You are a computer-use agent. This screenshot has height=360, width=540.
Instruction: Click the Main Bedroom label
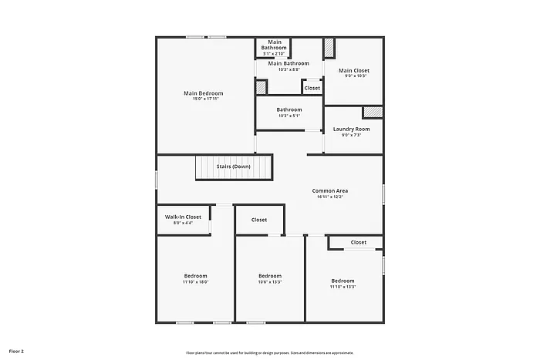point(203,93)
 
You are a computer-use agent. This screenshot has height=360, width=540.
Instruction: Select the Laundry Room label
point(351,129)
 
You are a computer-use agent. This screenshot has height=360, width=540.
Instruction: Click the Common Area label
point(329,190)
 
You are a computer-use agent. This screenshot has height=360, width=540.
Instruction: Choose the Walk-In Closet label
point(183,217)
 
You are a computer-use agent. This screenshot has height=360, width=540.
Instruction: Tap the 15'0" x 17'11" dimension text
point(203,99)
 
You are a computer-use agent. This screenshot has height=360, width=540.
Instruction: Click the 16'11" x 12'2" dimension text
point(329,197)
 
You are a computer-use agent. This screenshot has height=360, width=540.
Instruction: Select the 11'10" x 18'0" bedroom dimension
point(195,282)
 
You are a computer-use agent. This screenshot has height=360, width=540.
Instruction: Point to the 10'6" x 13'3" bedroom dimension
point(270,282)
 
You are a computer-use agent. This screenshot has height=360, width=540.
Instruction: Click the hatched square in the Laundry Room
point(373,112)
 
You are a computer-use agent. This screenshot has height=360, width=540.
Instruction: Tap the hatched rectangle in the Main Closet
point(329,47)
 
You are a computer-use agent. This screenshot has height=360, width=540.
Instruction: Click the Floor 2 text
point(16,351)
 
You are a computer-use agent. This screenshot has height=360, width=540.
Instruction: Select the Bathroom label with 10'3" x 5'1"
point(289,109)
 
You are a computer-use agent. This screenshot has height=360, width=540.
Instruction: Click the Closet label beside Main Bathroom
point(312,88)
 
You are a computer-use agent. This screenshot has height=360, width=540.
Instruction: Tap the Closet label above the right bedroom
point(359,242)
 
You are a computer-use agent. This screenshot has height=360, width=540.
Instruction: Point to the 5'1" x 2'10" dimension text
point(274,54)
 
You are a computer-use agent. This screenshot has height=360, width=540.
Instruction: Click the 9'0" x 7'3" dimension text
point(351,135)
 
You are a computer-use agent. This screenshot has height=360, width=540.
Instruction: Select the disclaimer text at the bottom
point(269,352)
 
